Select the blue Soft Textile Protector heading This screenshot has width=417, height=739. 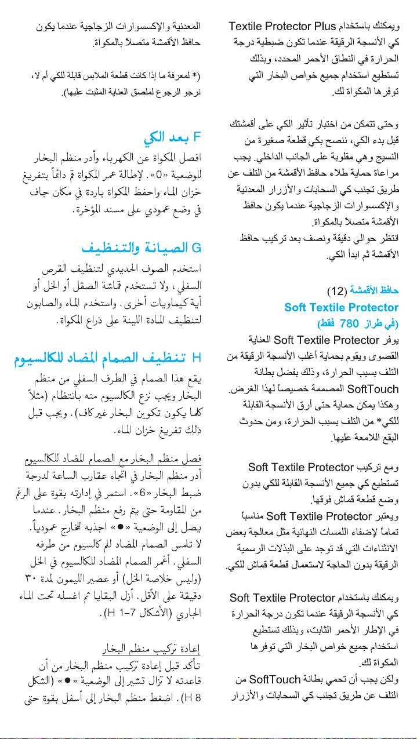pos(341,307)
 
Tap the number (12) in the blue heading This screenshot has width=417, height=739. pos(337,291)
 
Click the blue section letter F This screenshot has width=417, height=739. pos(197,137)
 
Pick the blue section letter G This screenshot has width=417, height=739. pos(196,249)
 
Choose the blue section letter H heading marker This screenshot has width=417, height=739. pos(196,355)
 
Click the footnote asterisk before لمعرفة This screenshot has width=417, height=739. pos(198,76)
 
